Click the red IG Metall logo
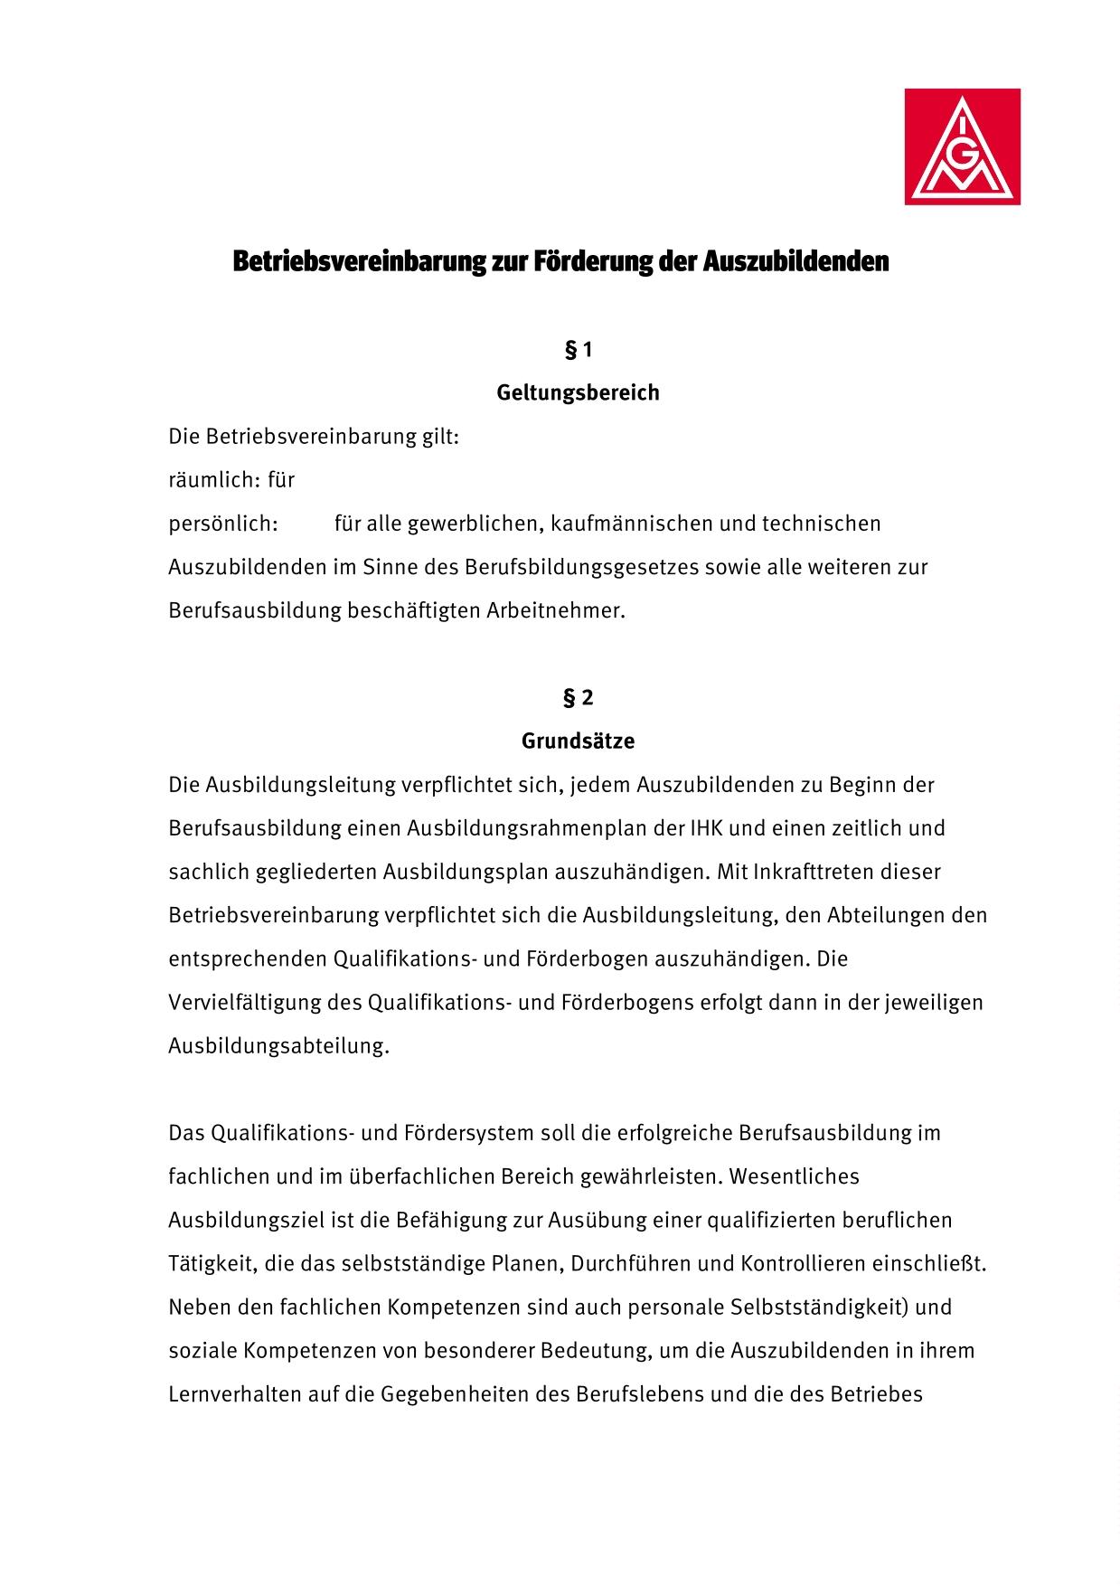coord(962,146)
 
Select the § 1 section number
coord(578,350)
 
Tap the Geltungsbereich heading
coord(578,393)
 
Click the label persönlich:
coord(223,524)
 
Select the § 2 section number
coord(578,698)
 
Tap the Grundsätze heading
coord(578,741)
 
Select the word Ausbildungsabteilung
coord(278,1046)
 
